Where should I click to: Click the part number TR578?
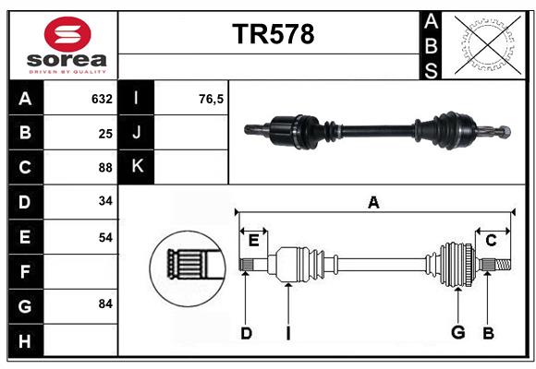tap(273, 34)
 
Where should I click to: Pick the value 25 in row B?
tap(105, 134)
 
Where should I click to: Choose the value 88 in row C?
tap(105, 168)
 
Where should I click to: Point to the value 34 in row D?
tap(105, 202)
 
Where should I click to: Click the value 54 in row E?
tap(105, 237)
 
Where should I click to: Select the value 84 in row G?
tap(105, 304)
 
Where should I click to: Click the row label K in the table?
tap(137, 167)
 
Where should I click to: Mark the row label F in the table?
tap(25, 271)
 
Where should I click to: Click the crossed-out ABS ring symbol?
tap(485, 44)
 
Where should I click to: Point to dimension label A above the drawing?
tap(373, 202)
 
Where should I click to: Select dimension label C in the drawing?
tap(491, 240)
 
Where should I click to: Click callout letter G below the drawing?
tap(457, 333)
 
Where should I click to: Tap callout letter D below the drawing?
tap(246, 333)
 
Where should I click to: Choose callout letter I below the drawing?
tap(287, 333)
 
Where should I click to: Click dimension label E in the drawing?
tap(253, 240)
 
